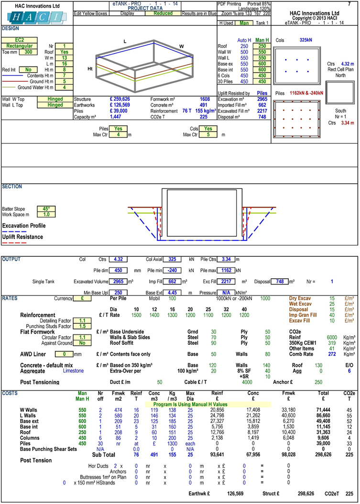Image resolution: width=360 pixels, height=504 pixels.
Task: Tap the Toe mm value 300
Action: tap(28, 52)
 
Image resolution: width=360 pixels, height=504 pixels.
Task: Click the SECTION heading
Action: tap(13, 186)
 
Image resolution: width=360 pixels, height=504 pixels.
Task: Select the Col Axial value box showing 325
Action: tap(172, 259)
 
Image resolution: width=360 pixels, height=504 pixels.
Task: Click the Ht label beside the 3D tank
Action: tap(90, 69)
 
